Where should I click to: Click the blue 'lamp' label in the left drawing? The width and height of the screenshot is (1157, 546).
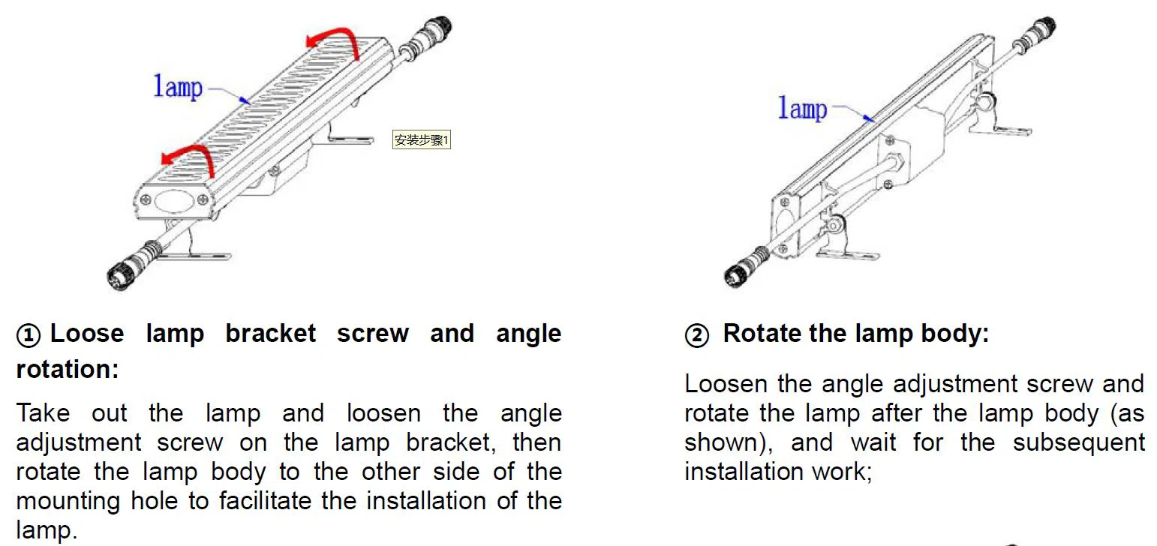tap(178, 86)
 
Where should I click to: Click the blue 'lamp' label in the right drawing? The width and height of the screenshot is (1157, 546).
tap(802, 109)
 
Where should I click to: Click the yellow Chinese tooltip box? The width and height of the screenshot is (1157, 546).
tap(422, 139)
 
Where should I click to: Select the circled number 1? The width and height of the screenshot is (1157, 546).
tap(29, 336)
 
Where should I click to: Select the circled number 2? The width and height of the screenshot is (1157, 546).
tap(697, 336)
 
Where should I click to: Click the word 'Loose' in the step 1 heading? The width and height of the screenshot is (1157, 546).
tap(87, 334)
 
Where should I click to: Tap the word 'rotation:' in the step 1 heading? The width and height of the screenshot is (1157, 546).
tap(68, 369)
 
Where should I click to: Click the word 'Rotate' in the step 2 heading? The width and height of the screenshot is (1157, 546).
tap(762, 334)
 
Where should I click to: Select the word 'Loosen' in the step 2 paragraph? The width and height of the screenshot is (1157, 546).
tap(726, 383)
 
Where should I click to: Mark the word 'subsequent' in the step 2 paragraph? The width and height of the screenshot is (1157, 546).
tap(1079, 442)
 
